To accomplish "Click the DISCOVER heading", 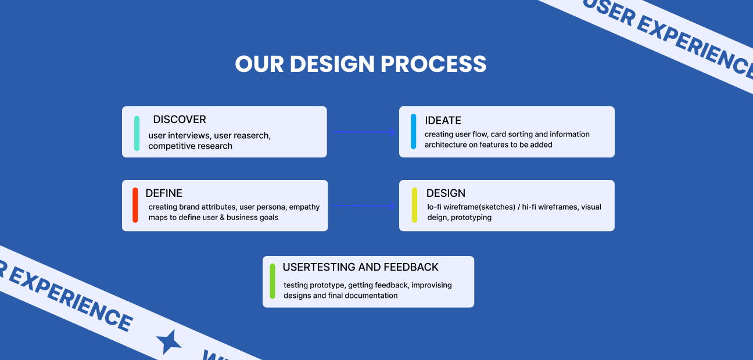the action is [180, 120].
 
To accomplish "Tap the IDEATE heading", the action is [443, 121].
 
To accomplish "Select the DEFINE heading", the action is [164, 193].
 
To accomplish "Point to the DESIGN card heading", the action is [446, 193].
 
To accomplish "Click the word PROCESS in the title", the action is [433, 64].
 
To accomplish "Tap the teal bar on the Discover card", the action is [137, 134].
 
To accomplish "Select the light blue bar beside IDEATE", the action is [414, 131].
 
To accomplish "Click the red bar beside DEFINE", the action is [135, 205].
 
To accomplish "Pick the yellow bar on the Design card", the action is [414, 205].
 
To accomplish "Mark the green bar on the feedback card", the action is [272, 282].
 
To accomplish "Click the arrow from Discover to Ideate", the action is [364, 132].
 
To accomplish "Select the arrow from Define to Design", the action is [364, 206].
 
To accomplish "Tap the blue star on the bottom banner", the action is [168, 342].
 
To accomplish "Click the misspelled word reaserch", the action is [253, 136].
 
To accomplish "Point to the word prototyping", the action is [471, 218].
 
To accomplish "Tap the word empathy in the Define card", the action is [304, 207].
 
